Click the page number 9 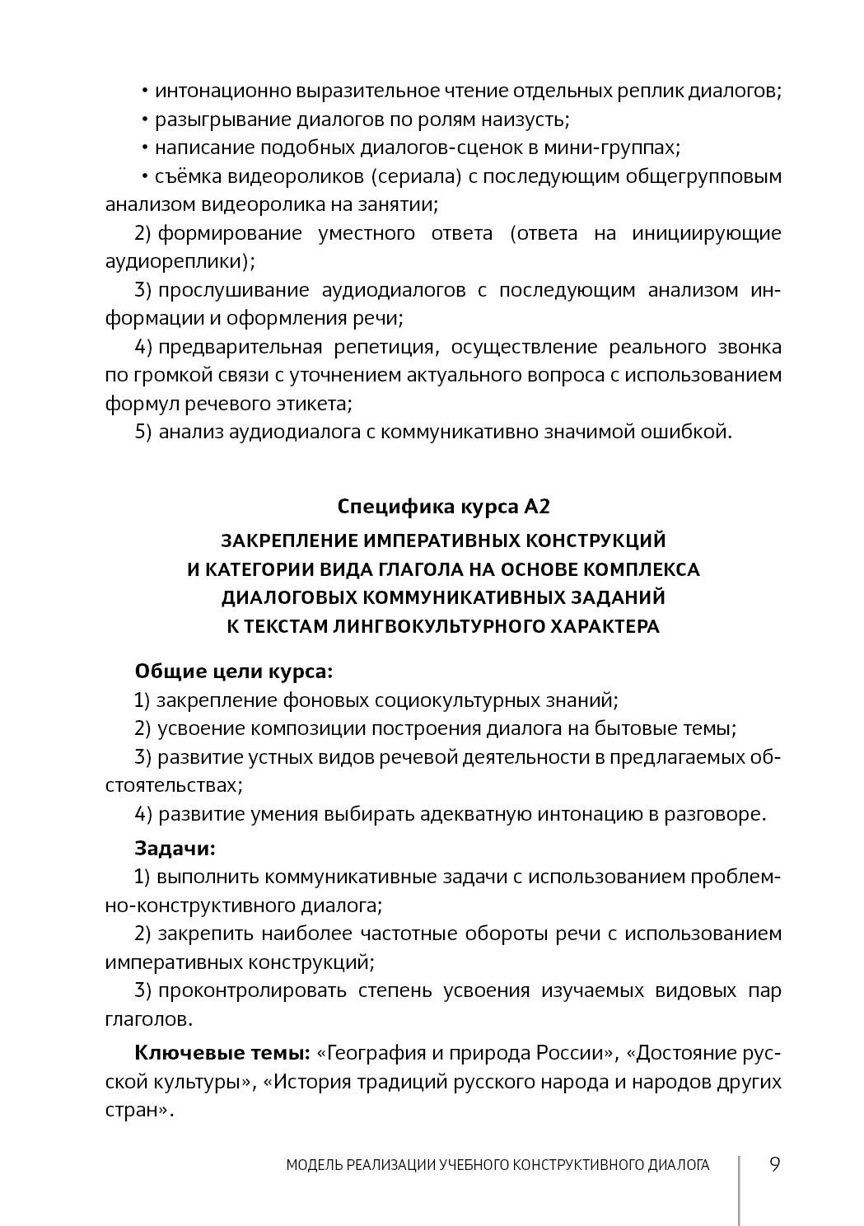[774, 1164]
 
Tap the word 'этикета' [317, 404]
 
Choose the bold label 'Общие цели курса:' [234, 671]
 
